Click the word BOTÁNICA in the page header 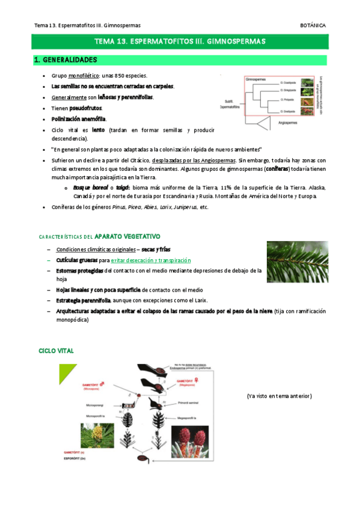[x=313, y=26]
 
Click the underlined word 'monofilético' [x=84, y=76]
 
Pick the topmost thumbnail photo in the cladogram [x=307, y=84]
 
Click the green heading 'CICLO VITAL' [x=56, y=351]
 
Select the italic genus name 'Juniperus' [x=185, y=207]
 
